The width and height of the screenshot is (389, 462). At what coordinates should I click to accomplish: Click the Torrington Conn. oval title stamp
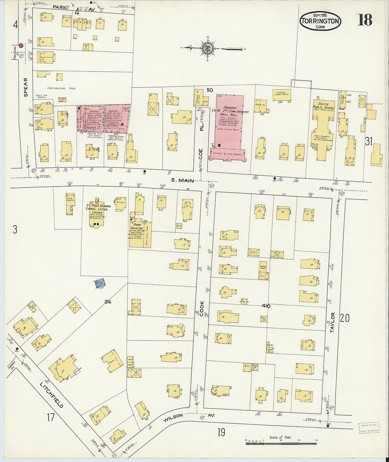(x=320, y=21)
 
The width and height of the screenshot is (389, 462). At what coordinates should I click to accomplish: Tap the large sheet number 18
(x=365, y=20)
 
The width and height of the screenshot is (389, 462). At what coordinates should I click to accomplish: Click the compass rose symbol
(x=207, y=48)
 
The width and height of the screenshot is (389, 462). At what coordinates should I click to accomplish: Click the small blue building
(x=100, y=283)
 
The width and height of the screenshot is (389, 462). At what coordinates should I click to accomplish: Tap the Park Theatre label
(x=136, y=227)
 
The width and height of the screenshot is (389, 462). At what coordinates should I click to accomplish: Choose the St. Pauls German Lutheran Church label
(x=99, y=210)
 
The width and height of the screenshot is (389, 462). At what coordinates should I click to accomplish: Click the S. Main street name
(x=182, y=181)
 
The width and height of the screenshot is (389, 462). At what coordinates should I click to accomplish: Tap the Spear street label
(x=25, y=87)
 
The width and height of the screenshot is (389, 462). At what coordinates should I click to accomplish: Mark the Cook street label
(x=202, y=308)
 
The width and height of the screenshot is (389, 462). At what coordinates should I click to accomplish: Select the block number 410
(x=266, y=306)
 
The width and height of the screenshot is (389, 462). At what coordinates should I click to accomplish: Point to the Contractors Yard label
(x=62, y=88)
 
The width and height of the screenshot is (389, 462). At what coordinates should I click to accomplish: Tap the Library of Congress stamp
(x=369, y=428)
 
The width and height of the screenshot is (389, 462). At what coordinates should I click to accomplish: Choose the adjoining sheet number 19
(x=221, y=432)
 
